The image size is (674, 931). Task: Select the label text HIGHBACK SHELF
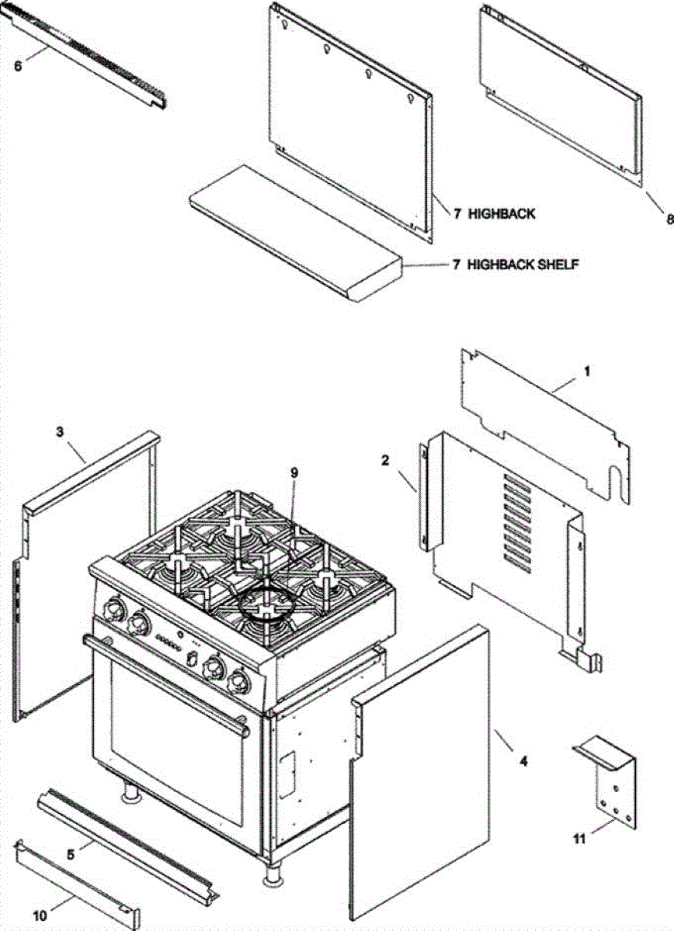pyautogui.click(x=523, y=265)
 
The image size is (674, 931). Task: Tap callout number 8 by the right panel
pyautogui.click(x=669, y=219)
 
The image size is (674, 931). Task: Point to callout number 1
pyautogui.click(x=586, y=372)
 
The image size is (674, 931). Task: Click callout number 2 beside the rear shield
pyautogui.click(x=385, y=461)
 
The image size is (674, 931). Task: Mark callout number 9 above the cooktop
pyautogui.click(x=294, y=472)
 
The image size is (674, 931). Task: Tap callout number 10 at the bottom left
pyautogui.click(x=39, y=915)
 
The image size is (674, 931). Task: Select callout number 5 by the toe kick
pyautogui.click(x=71, y=854)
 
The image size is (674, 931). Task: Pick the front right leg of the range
pyautogui.click(x=273, y=873)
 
